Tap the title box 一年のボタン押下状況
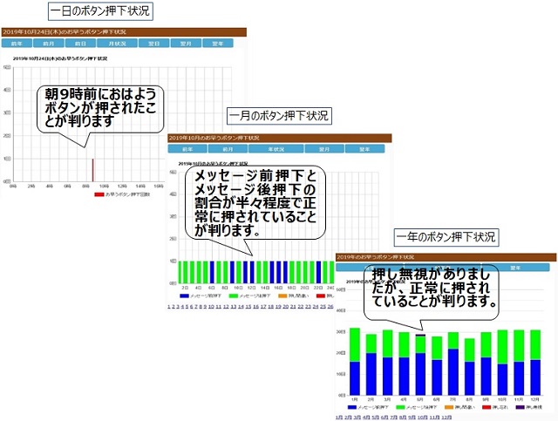[446, 237]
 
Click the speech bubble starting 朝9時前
[100, 107]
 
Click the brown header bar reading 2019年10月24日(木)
[123, 31]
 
